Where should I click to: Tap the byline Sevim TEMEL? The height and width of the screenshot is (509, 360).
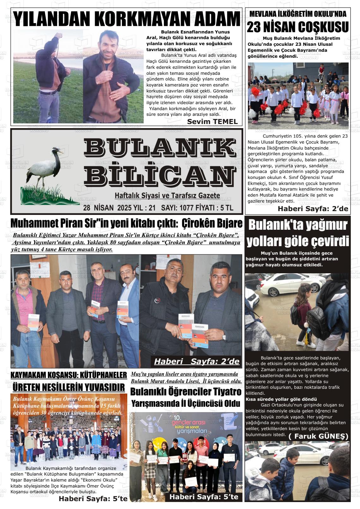[212, 121]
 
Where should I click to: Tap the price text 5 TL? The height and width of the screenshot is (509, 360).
[227, 208]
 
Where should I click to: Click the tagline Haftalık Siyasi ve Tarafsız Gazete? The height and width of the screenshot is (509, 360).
[167, 196]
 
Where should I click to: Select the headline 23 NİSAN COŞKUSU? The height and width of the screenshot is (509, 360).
[297, 27]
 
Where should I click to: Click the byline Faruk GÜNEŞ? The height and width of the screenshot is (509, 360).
[318, 436]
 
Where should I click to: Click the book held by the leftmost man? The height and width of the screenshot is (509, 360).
[34, 322]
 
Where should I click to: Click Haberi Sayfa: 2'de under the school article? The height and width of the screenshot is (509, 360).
[313, 209]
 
